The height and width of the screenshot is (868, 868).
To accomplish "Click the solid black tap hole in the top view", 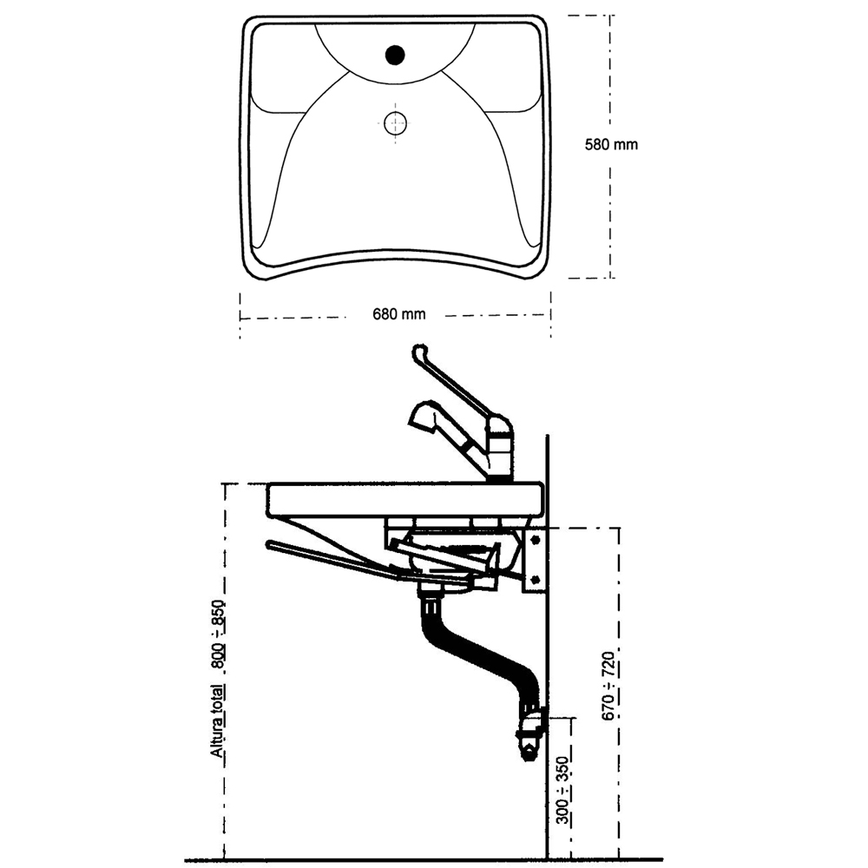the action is [395, 54].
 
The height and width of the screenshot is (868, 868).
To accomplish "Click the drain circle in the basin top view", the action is [395, 123].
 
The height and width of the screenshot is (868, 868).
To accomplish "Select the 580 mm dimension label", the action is [611, 144].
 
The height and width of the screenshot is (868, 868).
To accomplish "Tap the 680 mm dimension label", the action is [399, 314].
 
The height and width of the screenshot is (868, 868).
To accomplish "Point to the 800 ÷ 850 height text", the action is [218, 636].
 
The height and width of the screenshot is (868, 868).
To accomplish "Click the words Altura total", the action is [218, 720].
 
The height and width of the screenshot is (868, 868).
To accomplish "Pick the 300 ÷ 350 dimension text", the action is [562, 790].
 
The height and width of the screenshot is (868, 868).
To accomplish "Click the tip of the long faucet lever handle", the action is [419, 352].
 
